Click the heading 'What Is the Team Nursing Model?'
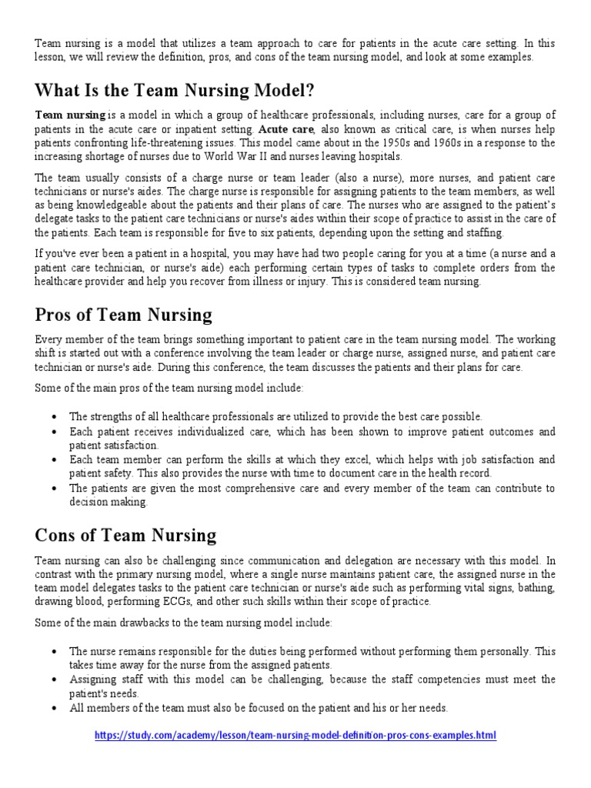coord(175,90)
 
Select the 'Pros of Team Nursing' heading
coord(124,314)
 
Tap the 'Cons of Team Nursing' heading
coord(125,535)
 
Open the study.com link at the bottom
coord(295,736)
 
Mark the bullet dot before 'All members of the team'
coord(53,708)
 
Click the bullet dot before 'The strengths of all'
coord(53,416)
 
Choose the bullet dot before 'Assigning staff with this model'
coord(53,680)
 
